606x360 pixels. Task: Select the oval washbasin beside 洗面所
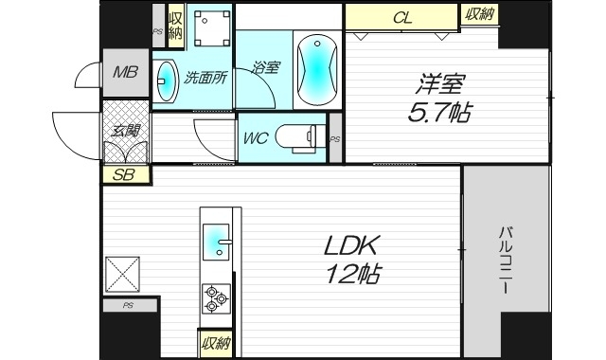(167, 80)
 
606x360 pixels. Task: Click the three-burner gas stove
(216, 297)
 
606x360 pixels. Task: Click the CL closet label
(401, 17)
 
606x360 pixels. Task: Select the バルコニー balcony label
(507, 261)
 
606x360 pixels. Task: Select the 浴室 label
(266, 67)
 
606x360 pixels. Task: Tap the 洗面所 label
(205, 79)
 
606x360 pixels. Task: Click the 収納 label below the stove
(215, 343)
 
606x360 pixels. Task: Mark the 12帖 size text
(353, 277)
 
